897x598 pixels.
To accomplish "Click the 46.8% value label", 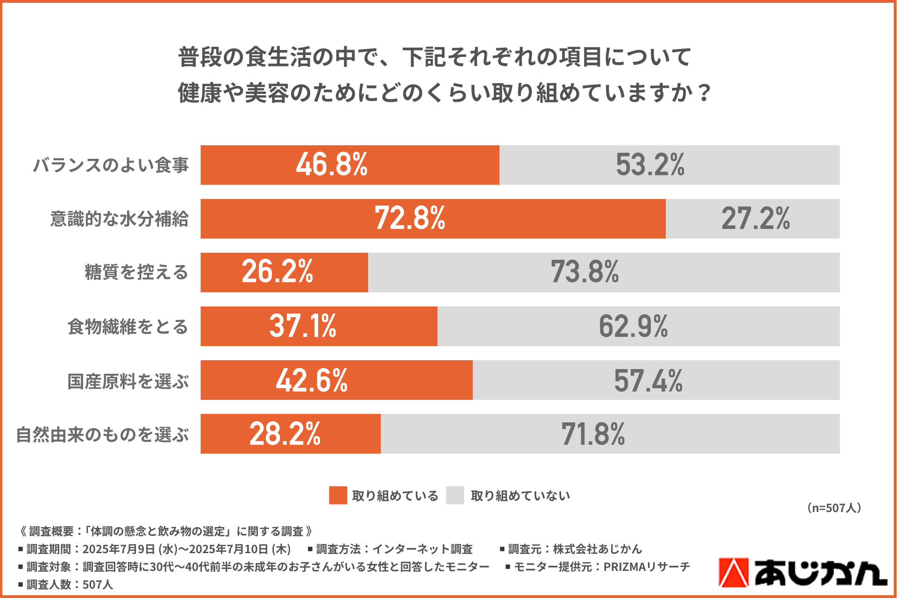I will coord(332,165).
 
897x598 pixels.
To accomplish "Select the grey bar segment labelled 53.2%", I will coord(669,165).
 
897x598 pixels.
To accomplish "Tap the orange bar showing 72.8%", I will coord(433,219).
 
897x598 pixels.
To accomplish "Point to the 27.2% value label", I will coord(755,219).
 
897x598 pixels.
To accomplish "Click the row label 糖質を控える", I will coord(136,272).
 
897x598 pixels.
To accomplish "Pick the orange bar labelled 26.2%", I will coord(284,272).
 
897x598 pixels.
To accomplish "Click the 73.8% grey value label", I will coord(584,272).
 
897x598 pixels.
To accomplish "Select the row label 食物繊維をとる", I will coord(128,327).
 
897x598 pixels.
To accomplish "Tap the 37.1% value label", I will coord(303,326).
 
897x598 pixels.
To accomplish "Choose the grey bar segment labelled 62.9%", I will coord(638,326).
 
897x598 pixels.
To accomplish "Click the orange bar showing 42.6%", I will coord(336,380).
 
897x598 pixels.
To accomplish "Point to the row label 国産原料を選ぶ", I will coord(128,381).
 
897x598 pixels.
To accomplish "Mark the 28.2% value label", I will coord(285,434).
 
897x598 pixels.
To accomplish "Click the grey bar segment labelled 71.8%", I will coord(610,434).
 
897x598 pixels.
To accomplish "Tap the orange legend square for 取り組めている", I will coord(338,495).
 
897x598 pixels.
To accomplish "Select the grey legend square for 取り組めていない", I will coord(455,495).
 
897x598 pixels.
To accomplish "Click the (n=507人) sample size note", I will coord(834,508).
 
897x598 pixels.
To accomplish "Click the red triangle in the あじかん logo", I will coord(733,573).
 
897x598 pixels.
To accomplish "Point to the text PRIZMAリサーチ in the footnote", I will coord(647,567).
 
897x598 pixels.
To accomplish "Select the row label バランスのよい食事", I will coord(111,165).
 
